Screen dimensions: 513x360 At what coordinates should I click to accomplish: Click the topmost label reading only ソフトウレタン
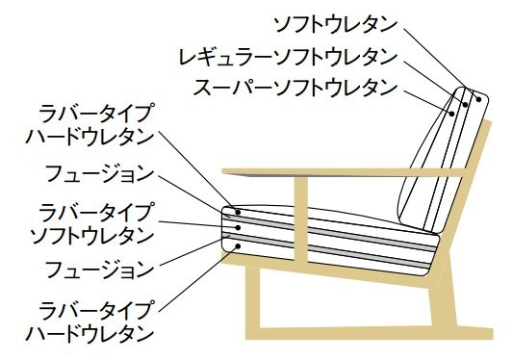click(x=335, y=25)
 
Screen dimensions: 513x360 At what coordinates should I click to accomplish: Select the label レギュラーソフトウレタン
click(x=288, y=57)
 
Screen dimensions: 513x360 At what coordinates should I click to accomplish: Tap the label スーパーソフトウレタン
click(x=295, y=88)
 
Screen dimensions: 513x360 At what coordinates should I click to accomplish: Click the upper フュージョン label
click(x=99, y=174)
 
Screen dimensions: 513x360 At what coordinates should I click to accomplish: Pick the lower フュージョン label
click(x=99, y=269)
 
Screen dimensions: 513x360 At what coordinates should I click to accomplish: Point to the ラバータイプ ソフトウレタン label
click(x=91, y=224)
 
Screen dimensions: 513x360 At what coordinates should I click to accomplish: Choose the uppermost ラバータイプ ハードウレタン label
click(x=90, y=124)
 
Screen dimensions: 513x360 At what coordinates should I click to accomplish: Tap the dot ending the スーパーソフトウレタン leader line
click(x=451, y=114)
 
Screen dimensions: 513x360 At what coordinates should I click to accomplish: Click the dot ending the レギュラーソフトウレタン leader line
click(x=465, y=104)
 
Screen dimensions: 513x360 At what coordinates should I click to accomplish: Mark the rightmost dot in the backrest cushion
click(x=479, y=99)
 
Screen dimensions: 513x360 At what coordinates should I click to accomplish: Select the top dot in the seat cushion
click(x=238, y=213)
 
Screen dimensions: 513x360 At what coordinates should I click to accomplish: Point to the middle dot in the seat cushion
click(x=238, y=227)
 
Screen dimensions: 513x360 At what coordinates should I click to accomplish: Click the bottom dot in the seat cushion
click(x=238, y=245)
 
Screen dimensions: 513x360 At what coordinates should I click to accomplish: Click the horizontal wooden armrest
click(x=343, y=172)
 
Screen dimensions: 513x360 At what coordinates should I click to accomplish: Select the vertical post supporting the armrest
click(x=301, y=219)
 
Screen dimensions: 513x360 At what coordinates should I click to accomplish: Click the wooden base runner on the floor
click(x=369, y=332)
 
